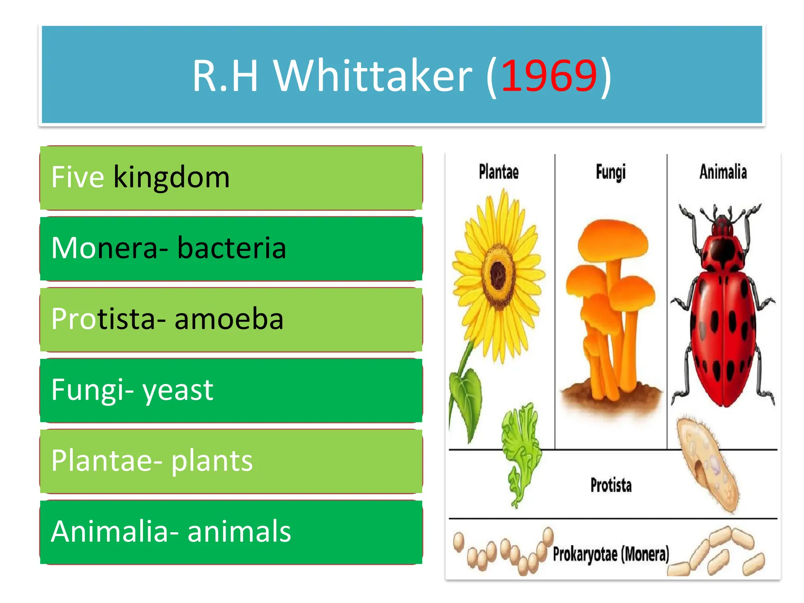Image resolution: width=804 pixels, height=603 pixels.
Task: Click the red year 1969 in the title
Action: coord(549,76)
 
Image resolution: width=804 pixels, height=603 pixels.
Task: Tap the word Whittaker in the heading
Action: coord(373,76)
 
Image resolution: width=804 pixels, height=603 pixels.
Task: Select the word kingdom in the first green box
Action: coord(172,177)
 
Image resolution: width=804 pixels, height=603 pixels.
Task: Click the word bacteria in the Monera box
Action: coord(232,248)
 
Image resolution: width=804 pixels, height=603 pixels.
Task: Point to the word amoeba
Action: coord(229,319)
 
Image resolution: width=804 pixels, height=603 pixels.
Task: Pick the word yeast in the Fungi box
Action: coord(178,390)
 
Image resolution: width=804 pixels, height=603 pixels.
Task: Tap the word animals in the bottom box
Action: coord(239,532)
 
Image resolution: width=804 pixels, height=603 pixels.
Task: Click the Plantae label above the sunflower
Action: coord(499,172)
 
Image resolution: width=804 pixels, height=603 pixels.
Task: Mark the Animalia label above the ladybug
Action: coord(723,172)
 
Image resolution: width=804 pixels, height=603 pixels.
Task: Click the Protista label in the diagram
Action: coord(611,485)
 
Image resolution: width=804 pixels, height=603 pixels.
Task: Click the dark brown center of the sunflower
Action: coord(498,274)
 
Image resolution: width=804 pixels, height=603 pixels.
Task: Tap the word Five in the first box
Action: coord(77,177)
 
